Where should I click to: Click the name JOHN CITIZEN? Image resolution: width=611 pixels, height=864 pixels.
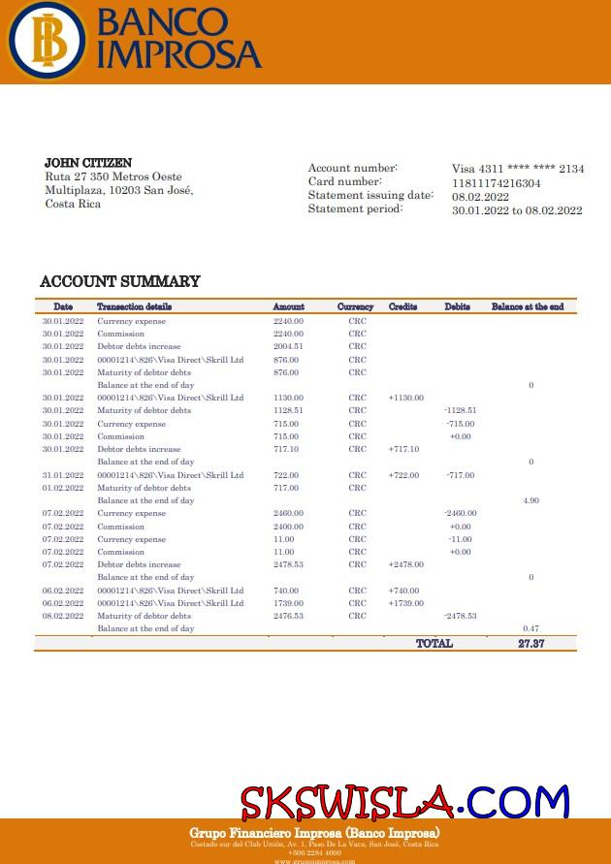click(88, 163)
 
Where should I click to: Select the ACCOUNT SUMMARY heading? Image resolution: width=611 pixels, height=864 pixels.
click(120, 281)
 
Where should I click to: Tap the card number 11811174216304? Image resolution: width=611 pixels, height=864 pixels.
click(497, 183)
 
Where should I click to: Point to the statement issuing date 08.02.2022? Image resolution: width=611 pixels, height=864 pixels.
click(481, 197)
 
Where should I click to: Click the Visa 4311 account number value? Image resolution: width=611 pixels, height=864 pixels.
click(518, 169)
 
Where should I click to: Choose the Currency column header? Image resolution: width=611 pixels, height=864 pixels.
click(355, 306)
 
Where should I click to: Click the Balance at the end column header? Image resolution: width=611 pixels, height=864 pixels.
click(528, 306)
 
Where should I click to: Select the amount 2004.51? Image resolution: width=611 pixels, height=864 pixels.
click(288, 346)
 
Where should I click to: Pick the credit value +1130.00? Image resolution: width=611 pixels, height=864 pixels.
click(405, 398)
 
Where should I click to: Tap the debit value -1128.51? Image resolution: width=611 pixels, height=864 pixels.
click(460, 410)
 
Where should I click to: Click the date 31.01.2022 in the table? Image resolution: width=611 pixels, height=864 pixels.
click(63, 475)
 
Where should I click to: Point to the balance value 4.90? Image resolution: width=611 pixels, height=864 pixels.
click(531, 500)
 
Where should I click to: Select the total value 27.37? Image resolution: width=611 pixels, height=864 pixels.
click(531, 643)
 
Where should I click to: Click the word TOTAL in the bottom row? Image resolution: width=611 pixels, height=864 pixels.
click(434, 643)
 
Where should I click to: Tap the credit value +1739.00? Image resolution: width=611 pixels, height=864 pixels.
click(405, 603)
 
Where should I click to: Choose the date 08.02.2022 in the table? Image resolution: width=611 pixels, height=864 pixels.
click(63, 616)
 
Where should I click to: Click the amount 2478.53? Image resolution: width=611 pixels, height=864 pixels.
click(288, 564)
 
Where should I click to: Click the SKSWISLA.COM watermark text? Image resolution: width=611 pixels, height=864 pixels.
click(404, 802)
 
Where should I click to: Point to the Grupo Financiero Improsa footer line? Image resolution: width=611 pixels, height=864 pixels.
click(314, 833)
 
